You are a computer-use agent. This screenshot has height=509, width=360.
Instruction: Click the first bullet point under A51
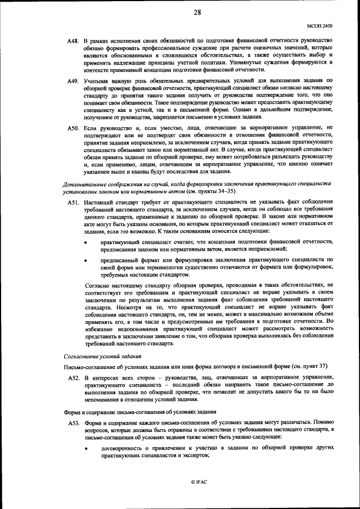(85, 241)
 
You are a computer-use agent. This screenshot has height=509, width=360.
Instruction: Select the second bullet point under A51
(85, 261)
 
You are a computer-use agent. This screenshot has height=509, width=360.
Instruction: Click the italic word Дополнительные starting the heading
(85, 184)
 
